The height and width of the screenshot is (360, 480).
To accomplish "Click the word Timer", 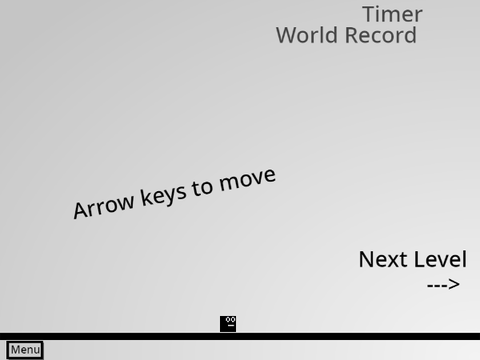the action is point(392,14).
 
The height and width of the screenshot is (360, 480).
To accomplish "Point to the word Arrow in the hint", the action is point(103,206).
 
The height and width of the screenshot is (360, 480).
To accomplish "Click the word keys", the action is point(163,194).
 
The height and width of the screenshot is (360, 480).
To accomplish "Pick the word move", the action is point(247,180).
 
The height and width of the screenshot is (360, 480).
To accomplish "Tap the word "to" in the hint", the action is point(202,188).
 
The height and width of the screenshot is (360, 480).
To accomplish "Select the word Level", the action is point(440,259).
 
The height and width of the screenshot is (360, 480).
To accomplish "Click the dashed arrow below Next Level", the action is point(443,285).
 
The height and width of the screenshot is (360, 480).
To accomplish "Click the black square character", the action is point(228,324).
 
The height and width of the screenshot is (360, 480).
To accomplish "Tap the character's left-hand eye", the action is point(228,319).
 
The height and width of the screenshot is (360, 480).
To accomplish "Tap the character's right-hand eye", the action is point(233,319).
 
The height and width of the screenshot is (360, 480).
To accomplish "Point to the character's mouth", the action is point(231,324).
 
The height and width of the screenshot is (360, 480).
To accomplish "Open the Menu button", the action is point(25,350).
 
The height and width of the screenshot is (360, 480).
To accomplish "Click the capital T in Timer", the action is point(369,14).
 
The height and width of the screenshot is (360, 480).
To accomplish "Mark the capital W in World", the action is point(287,35).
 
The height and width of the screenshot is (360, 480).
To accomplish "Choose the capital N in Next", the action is point(365,260).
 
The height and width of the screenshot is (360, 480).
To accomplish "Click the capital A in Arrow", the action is point(80,211).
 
